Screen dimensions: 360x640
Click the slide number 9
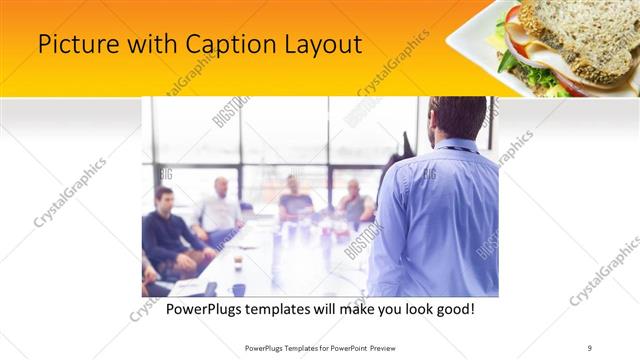tap(590, 347)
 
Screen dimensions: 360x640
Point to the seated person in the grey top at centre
tap(294, 198)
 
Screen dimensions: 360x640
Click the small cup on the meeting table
tap(238, 263)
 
